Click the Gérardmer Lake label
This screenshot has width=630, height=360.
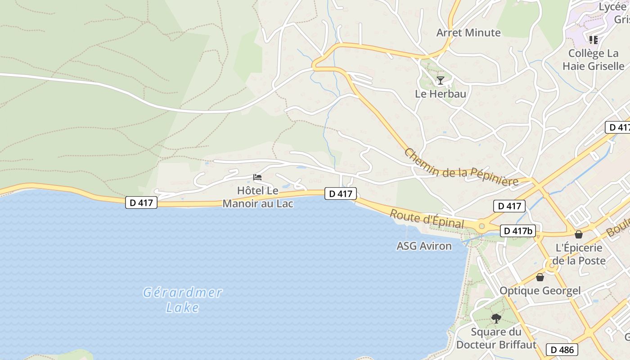pos(182,300)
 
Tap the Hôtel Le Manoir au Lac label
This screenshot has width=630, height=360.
pos(258,197)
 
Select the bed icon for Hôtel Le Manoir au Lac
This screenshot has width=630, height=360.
pos(257,177)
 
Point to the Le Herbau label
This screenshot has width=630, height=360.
pos(440,94)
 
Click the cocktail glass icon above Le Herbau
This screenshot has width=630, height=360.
pos(440,81)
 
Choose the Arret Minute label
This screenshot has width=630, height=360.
pos(468,32)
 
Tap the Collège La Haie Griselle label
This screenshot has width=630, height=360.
pos(593,59)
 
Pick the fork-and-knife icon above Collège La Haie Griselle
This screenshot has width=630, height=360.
pos(593,40)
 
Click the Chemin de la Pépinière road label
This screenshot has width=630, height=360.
pos(461,167)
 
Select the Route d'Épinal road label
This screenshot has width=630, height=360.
pos(426,219)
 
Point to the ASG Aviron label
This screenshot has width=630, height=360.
pos(424,246)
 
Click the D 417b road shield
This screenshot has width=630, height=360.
pos(518,231)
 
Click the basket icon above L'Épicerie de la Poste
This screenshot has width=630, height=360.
pos(579,234)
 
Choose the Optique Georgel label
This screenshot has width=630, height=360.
pos(540,290)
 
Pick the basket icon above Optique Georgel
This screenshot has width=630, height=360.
pos(540,277)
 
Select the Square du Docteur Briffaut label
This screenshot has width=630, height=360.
pos(496,338)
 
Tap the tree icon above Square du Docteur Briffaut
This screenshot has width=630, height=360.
pos(496,319)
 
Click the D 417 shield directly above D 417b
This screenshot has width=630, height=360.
pos(509,206)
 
